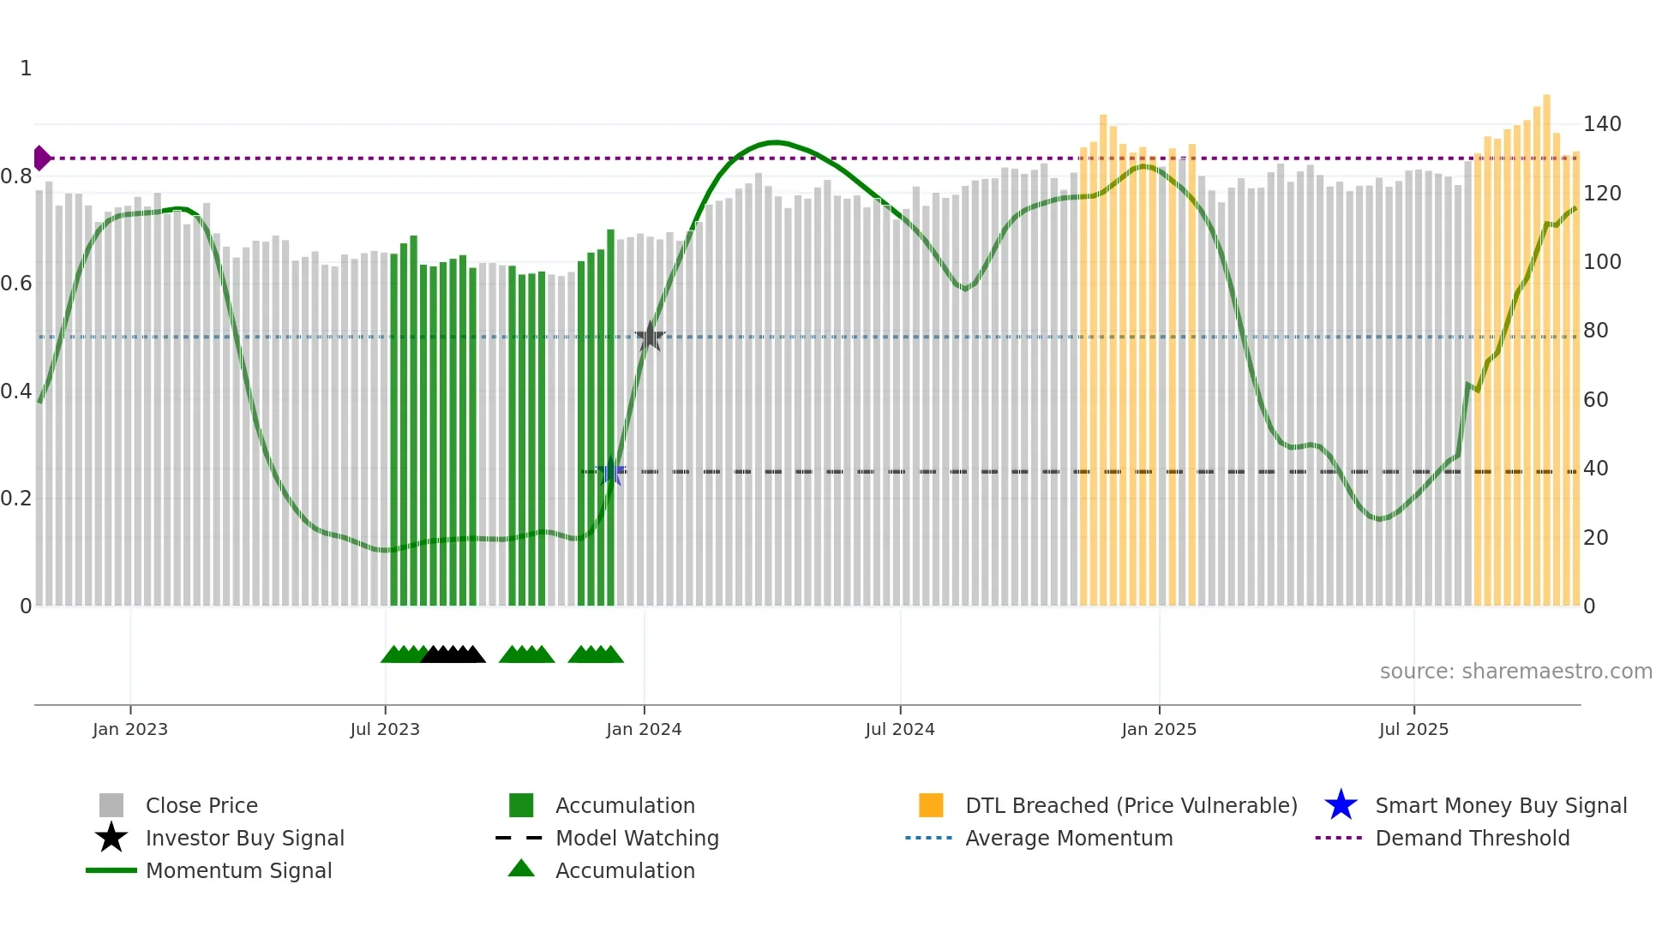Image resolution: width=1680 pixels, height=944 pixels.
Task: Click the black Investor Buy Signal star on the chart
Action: coord(650,337)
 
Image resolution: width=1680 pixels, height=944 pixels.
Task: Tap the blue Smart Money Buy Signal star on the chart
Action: coord(611,471)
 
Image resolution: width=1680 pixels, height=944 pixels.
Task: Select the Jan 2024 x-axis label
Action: coord(644,730)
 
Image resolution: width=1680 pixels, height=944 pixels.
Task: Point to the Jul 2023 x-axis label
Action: coord(385,730)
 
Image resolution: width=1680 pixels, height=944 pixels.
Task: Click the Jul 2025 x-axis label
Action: coord(1413,730)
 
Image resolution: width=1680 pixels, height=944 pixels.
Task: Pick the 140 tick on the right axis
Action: coord(1602,124)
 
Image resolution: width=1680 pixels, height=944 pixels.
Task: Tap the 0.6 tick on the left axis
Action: coord(16,284)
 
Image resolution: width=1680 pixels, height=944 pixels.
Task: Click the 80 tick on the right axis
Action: coord(1596,331)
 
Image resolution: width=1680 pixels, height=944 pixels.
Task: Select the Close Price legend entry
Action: coord(201,806)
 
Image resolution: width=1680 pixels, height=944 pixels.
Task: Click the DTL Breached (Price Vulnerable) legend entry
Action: coord(1131,806)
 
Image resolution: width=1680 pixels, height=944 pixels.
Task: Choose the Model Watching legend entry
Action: coord(637,839)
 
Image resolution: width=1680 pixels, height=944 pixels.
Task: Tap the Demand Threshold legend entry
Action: coord(1472,839)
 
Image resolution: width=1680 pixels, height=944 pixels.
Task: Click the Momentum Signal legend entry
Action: coord(238,871)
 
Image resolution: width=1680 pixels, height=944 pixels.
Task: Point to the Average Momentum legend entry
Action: coord(1069,839)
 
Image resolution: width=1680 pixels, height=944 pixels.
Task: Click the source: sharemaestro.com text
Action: coord(1515,672)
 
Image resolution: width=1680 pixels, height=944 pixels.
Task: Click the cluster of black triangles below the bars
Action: coord(453,654)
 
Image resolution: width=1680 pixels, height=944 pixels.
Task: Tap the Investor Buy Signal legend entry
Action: coord(244,839)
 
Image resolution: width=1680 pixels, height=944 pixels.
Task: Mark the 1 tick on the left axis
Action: coord(26,69)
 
